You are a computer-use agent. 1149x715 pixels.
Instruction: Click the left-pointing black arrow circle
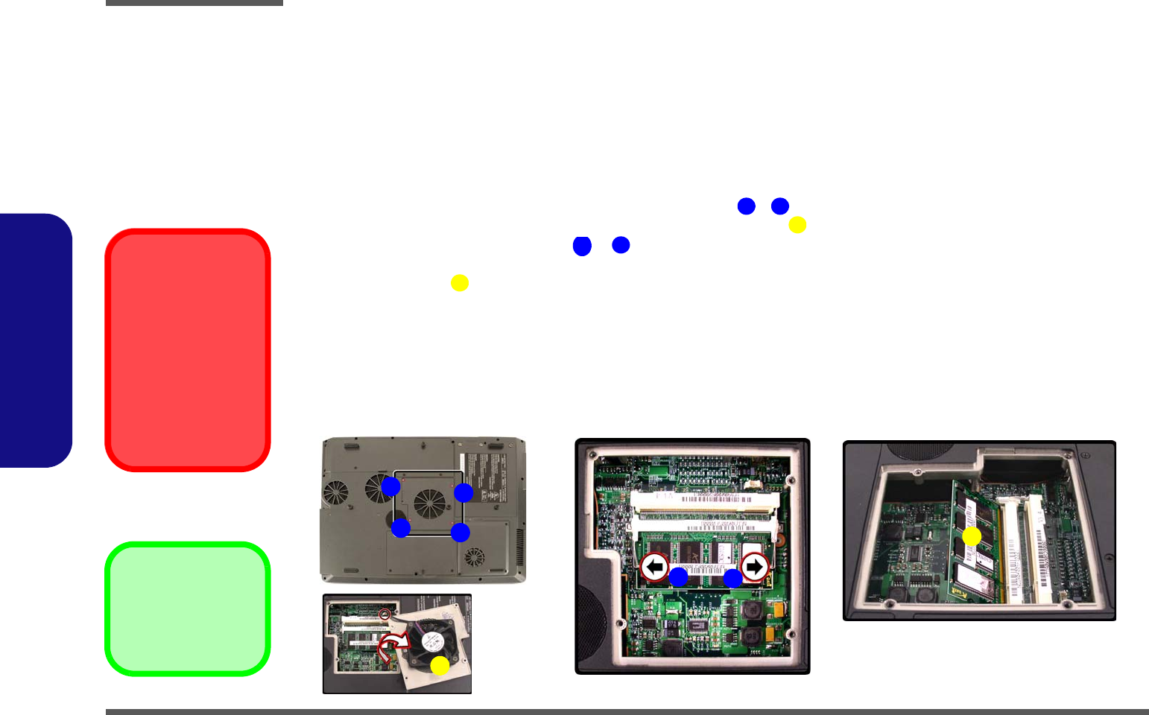pyautogui.click(x=654, y=568)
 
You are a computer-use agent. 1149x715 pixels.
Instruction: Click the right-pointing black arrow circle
pyautogui.click(x=754, y=568)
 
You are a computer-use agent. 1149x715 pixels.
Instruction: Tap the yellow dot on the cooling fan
pyautogui.click(x=440, y=666)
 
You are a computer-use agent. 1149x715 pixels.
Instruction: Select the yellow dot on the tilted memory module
pyautogui.click(x=971, y=536)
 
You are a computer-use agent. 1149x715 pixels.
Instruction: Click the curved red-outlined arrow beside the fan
pyautogui.click(x=392, y=645)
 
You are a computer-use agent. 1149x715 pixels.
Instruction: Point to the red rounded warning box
pyautogui.click(x=188, y=350)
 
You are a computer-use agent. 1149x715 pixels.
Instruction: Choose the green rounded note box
pyautogui.click(x=188, y=608)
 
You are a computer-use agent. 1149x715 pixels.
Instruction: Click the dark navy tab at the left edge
pyautogui.click(x=35, y=340)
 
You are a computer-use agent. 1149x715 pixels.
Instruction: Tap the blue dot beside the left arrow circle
pyautogui.click(x=678, y=576)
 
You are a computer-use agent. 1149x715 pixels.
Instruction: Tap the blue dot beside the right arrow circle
pyautogui.click(x=733, y=578)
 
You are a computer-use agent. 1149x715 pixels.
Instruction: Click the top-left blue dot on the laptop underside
pyautogui.click(x=390, y=486)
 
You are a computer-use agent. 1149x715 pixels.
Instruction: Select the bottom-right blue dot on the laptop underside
pyautogui.click(x=460, y=532)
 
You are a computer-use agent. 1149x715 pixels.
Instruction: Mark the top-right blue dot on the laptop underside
pyautogui.click(x=463, y=492)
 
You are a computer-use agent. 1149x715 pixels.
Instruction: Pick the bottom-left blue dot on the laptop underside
pyautogui.click(x=401, y=528)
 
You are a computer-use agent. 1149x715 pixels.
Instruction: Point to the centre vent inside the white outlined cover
pyautogui.click(x=430, y=503)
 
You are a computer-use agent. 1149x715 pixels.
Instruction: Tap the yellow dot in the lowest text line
pyautogui.click(x=460, y=283)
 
